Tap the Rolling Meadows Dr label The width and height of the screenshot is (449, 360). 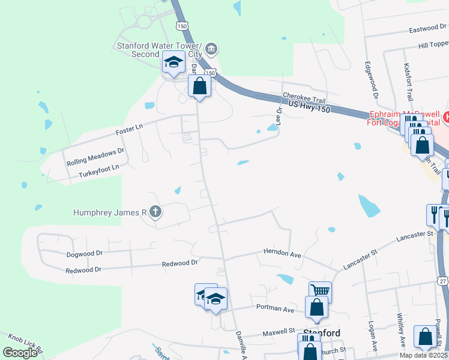95,157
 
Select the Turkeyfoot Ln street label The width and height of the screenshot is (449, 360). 98,171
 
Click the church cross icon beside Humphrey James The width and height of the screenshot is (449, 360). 155,211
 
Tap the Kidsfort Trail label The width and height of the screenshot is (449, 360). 409,83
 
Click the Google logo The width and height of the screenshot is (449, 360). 20,352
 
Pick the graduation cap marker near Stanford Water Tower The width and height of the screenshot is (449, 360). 173,62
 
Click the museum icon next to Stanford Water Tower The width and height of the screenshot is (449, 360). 211,48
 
